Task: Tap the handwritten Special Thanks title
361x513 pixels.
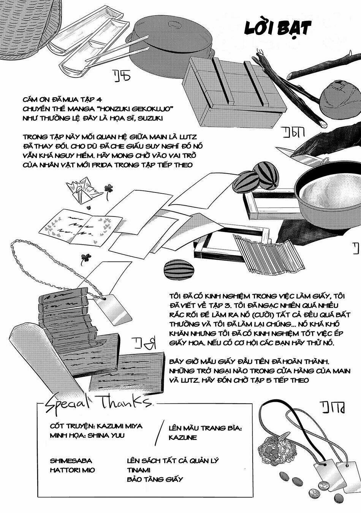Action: pyautogui.click(x=97, y=403)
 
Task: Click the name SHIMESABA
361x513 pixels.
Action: pyautogui.click(x=71, y=461)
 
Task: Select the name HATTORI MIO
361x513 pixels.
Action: pyautogui.click(x=73, y=470)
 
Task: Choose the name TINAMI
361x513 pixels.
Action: pyautogui.click(x=138, y=470)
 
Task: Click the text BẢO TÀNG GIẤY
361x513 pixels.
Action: pyautogui.click(x=155, y=479)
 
